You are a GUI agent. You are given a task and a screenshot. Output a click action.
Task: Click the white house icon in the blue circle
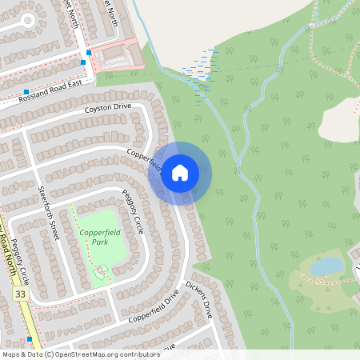point(180,173)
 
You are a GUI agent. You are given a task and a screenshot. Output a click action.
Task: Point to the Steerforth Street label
point(49,214)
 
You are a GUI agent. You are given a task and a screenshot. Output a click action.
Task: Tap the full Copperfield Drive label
point(154,307)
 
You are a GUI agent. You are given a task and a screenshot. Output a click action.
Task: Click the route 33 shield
point(18,294)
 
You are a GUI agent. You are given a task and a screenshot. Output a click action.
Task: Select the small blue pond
point(326,265)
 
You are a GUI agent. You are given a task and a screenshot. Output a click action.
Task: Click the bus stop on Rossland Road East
point(26,92)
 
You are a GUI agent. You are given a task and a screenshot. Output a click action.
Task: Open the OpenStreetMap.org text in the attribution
point(94,354)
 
